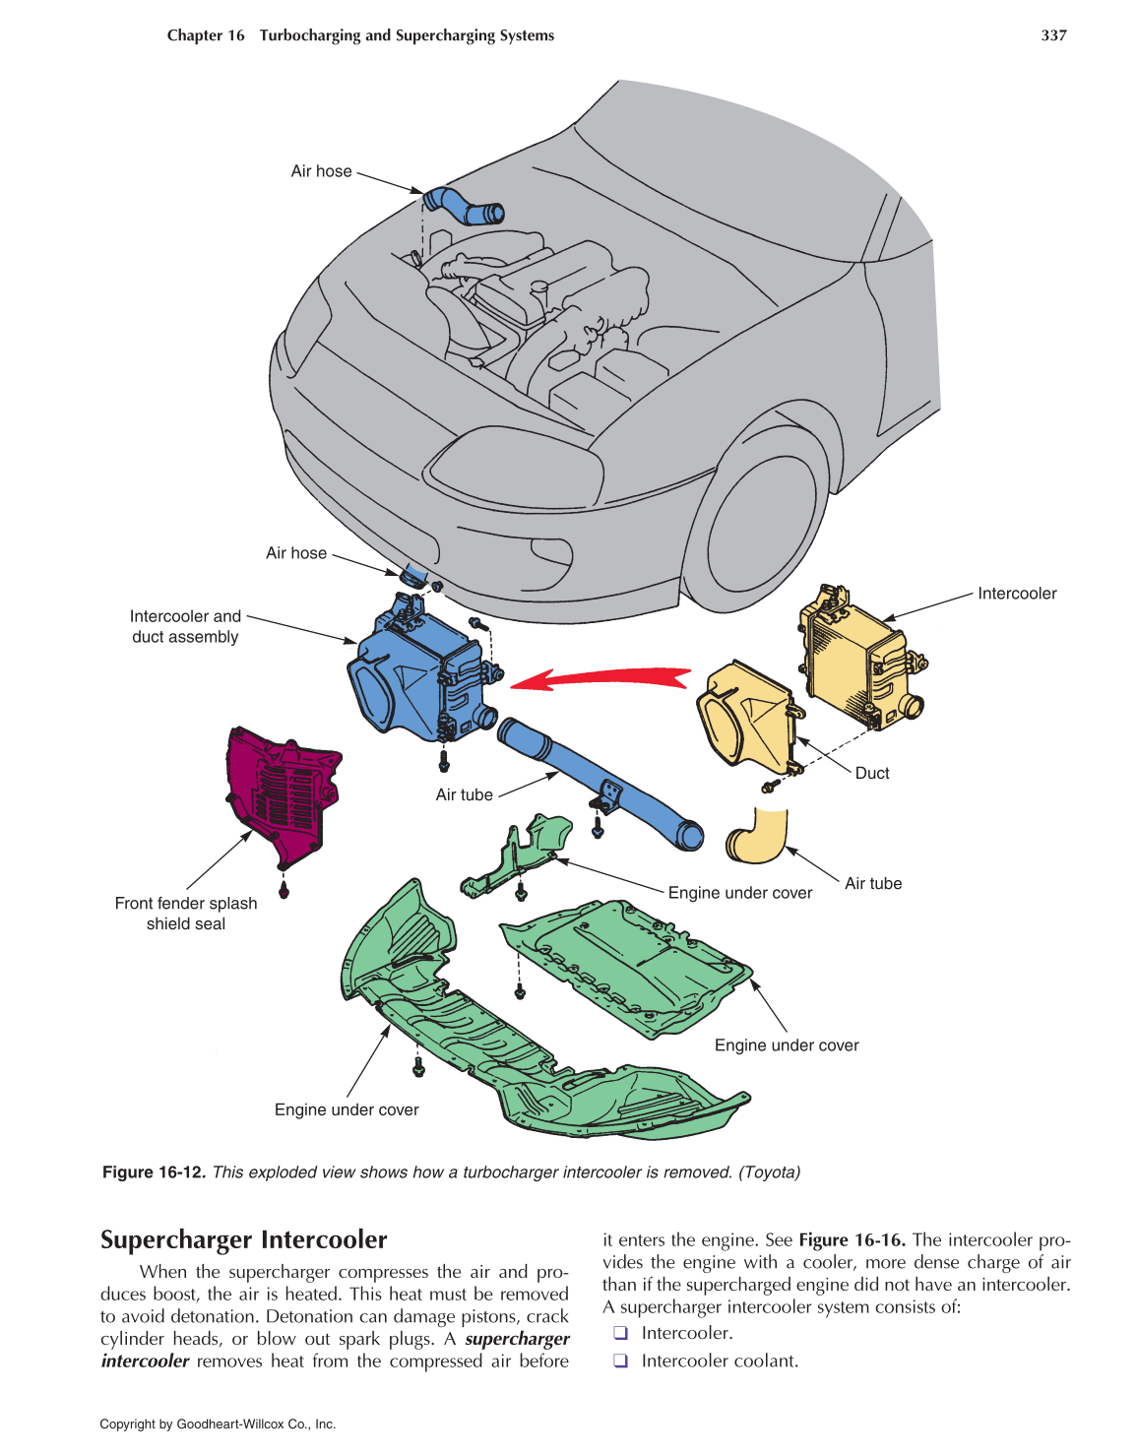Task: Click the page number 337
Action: tap(1053, 35)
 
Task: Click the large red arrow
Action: tap(605, 677)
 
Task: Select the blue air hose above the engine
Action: tap(463, 205)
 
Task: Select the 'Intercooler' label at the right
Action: tap(1017, 594)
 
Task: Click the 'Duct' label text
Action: tap(871, 774)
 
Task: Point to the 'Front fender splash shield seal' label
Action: tap(186, 914)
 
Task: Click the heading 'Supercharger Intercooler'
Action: tap(243, 1239)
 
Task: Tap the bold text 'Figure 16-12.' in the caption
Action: tap(154, 1172)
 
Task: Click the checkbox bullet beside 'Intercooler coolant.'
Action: tap(620, 1361)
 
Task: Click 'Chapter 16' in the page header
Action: tap(206, 35)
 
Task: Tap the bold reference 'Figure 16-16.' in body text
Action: tap(852, 1240)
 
